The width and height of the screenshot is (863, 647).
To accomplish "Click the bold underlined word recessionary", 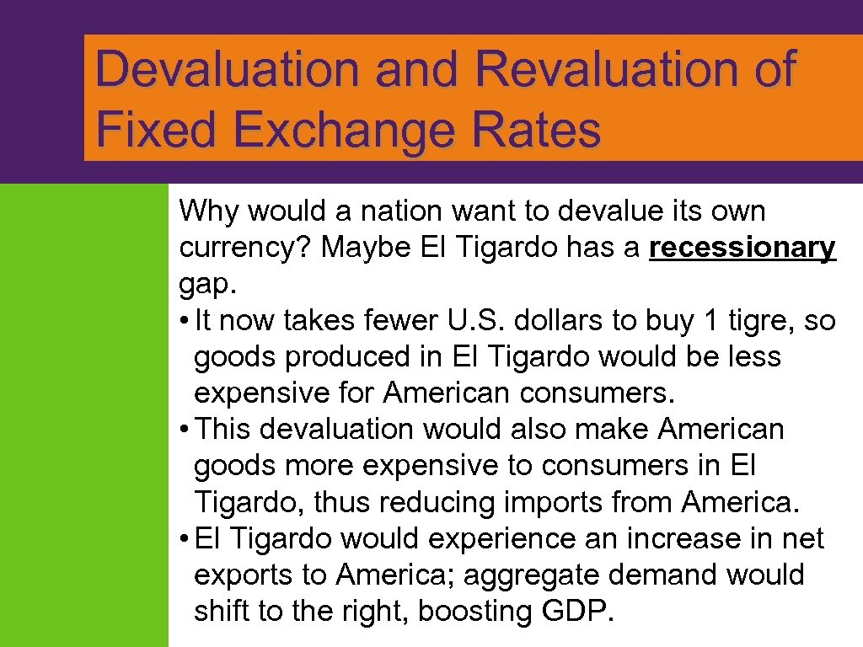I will coord(742,248).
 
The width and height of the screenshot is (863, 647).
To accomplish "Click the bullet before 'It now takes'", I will coord(184,321).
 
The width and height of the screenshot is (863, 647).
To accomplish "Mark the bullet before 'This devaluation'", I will coord(184,430).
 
